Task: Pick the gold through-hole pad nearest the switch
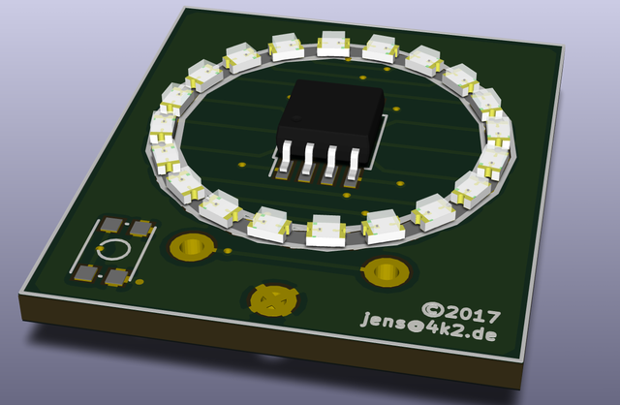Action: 192,247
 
